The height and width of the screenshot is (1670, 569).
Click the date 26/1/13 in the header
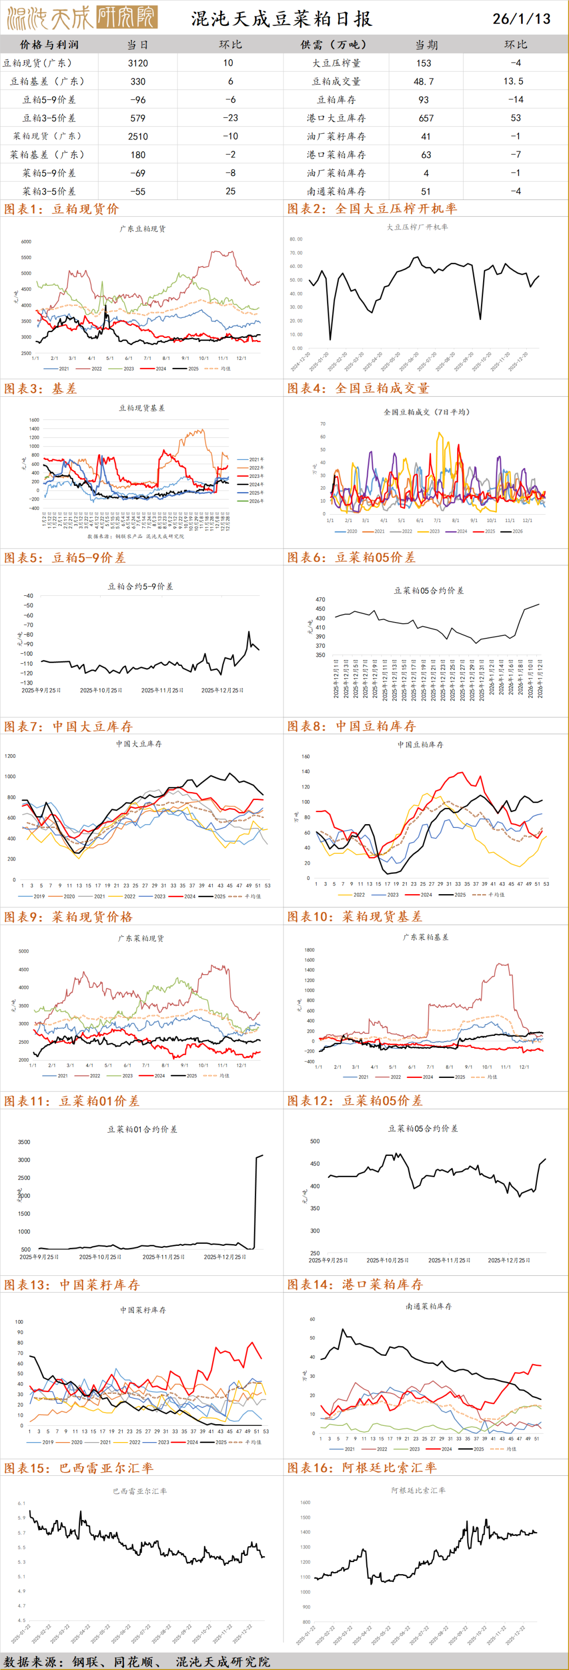coord(521,18)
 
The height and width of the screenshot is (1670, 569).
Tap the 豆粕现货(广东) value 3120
coord(138,63)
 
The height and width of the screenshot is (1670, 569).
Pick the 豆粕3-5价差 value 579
coord(138,118)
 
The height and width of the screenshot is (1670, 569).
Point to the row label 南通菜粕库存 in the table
coord(336,191)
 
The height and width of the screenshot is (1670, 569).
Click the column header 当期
coord(426,45)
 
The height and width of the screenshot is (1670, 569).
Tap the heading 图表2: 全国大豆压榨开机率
coord(372,209)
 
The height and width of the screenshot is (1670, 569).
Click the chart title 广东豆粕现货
coord(143,229)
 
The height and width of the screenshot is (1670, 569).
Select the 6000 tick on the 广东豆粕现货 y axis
coord(26,242)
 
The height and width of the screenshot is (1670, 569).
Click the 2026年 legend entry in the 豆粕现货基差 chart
coord(256,501)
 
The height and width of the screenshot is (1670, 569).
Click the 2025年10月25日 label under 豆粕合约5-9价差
coord(101,690)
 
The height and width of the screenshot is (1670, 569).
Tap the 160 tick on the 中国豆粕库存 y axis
coord(306,756)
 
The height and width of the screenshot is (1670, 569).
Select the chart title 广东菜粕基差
coord(425,937)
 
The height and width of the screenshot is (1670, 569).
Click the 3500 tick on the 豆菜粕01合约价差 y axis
coord(23,1142)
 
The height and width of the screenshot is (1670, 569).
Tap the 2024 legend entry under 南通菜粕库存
coord(446,1449)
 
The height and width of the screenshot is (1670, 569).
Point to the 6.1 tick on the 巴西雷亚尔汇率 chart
coord(22,1503)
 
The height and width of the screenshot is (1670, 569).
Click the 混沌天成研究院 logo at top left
coord(81,17)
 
